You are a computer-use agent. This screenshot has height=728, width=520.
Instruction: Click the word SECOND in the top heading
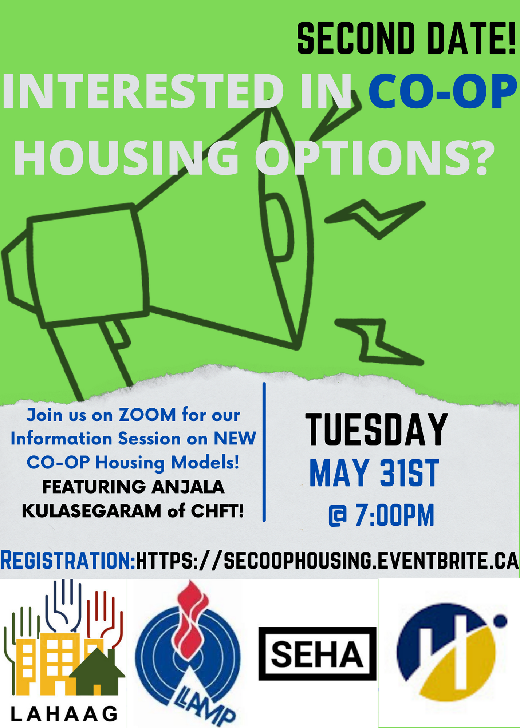pos(356,38)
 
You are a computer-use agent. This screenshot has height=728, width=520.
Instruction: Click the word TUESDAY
pos(377,430)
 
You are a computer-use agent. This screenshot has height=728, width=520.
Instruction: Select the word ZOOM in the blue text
pos(147,415)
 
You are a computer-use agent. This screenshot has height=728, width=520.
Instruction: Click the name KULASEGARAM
pos(91,511)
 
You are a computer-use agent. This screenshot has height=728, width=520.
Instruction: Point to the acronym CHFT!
pos(217,511)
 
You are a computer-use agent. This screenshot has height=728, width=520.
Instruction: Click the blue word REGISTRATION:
pos(68,560)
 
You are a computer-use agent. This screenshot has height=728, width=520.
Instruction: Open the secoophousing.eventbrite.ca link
pos(327,560)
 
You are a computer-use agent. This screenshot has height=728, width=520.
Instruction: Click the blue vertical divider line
pos(264,452)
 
